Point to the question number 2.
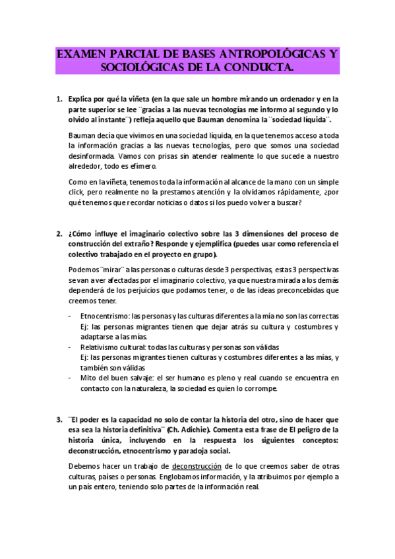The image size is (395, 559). click(57, 234)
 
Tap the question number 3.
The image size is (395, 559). click(57, 419)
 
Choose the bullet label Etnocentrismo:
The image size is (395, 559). click(105, 317)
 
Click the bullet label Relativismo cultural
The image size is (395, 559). click(113, 347)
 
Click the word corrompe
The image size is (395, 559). click(258, 389)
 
